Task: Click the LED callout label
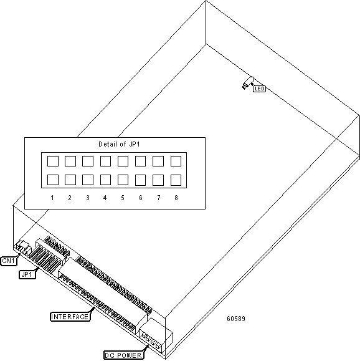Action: pyautogui.click(x=259, y=89)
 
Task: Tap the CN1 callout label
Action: pyautogui.click(x=9, y=261)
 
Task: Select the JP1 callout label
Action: pyautogui.click(x=27, y=274)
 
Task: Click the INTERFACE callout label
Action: pyautogui.click(x=70, y=317)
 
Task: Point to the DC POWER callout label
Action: pyautogui.click(x=124, y=355)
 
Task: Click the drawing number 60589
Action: pyautogui.click(x=236, y=319)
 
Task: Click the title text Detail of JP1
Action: pyautogui.click(x=119, y=144)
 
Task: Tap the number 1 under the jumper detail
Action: pyautogui.click(x=52, y=198)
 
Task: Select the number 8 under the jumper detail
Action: pyautogui.click(x=176, y=198)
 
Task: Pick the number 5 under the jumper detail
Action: pyautogui.click(x=123, y=198)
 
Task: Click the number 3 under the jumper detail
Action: pyautogui.click(x=88, y=198)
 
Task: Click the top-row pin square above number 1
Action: pyautogui.click(x=53, y=161)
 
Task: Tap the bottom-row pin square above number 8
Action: pyautogui.click(x=176, y=180)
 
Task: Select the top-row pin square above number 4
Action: pyautogui.click(x=105, y=161)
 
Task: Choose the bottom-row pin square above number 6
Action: pyautogui.click(x=140, y=180)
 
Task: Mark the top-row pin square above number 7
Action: pyautogui.click(x=158, y=161)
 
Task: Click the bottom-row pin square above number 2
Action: pyautogui.click(x=70, y=180)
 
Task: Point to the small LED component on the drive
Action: pyautogui.click(x=248, y=83)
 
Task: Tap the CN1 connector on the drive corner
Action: pyautogui.click(x=22, y=248)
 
